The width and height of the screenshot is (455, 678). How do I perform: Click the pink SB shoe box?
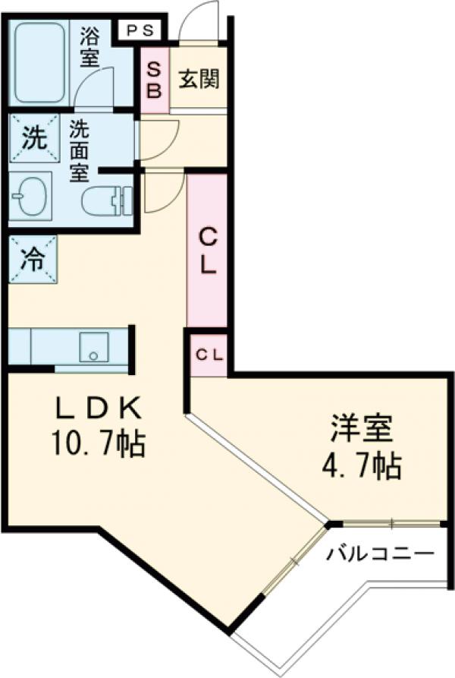154,80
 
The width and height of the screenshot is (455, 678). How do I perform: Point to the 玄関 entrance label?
199,79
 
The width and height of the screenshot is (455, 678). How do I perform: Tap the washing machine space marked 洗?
33,138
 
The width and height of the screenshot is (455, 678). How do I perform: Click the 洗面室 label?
79,150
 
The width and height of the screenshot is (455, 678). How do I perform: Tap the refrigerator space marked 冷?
33,258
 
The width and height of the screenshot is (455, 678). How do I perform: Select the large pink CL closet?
207,251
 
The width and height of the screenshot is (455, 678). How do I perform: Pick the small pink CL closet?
208,355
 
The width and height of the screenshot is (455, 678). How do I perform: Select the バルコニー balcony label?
381,553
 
